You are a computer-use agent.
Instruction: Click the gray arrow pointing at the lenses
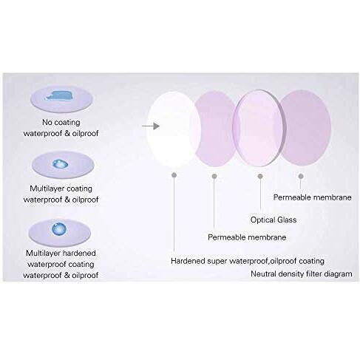151,126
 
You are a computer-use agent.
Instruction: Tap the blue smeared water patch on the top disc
59,95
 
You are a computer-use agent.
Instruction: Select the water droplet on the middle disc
61,164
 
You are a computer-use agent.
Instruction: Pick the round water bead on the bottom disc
59,229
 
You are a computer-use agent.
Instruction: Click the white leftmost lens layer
174,129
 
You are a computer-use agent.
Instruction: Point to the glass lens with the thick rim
259,128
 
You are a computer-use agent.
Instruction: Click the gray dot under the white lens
174,175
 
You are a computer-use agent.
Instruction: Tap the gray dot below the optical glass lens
260,176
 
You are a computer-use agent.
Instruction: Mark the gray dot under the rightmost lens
301,176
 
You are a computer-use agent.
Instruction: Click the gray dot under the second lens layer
214,176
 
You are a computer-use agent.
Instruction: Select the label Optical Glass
274,220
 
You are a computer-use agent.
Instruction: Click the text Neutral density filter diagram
302,274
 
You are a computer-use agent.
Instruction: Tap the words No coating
61,122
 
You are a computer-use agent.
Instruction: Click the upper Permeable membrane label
312,197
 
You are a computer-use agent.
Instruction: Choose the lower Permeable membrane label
247,237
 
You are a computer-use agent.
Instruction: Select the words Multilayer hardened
61,253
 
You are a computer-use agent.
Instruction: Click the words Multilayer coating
61,189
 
